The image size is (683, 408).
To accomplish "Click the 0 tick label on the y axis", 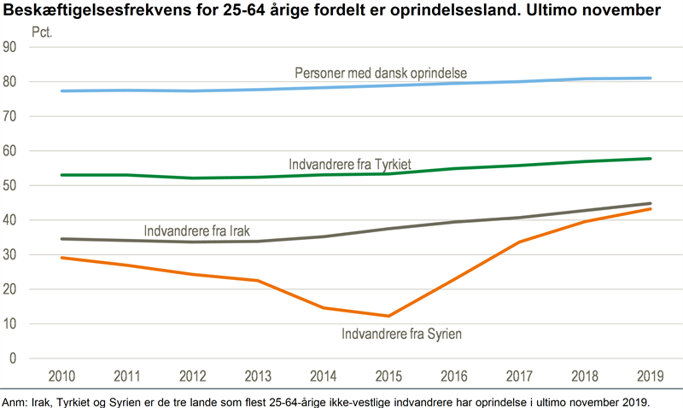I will click(14, 358).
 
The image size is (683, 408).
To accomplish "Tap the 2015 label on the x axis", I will click(388, 377).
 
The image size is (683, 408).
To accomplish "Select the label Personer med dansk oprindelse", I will click(381, 73).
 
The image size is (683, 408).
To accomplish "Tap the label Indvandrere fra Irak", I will click(196, 230).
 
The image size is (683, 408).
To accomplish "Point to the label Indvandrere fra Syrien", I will click(401, 335).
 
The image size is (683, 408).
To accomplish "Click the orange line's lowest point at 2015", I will click(388, 316).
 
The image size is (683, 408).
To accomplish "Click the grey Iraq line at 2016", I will click(454, 222).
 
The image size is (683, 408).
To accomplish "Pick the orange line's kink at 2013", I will click(258, 280).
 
